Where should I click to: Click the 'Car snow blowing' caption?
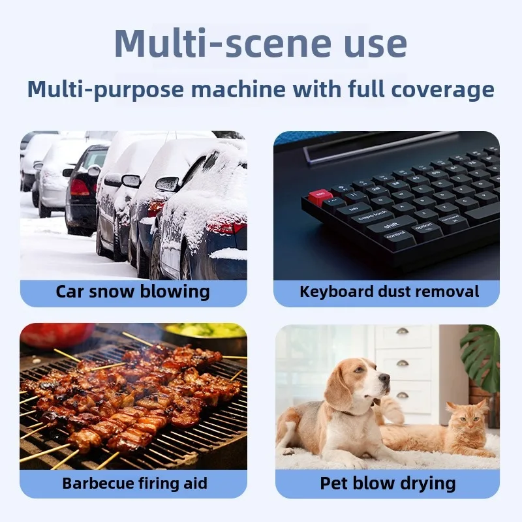pyautogui.click(x=133, y=291)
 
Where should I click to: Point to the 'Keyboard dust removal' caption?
pyautogui.click(x=390, y=291)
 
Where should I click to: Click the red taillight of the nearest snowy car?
pyautogui.click(x=226, y=226)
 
